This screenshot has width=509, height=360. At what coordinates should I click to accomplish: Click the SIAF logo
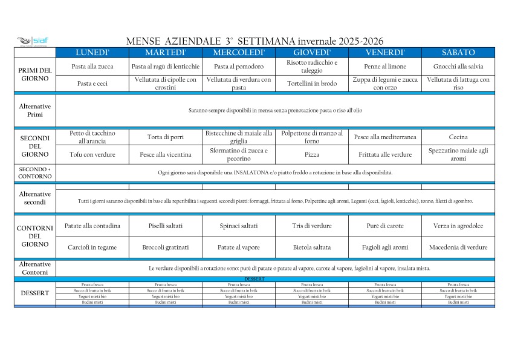[33, 41]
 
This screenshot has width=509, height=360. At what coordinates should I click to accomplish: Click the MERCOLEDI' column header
[239, 53]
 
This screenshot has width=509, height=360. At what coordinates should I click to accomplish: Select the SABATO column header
[458, 53]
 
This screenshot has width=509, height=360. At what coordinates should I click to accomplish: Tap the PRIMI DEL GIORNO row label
[35, 74]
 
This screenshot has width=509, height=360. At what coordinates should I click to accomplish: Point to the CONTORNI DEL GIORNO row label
[35, 236]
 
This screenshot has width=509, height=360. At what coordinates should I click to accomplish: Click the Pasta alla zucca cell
[92, 67]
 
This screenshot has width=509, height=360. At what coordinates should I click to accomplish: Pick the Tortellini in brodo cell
[312, 83]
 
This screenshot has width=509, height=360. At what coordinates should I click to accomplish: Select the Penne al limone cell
[385, 67]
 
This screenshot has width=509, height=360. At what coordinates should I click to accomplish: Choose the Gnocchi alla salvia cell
[458, 67]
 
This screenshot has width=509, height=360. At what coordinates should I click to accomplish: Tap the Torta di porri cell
[166, 137]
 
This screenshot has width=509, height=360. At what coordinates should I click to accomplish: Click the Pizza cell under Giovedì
[312, 154]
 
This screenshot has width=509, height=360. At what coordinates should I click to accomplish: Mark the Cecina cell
[458, 137]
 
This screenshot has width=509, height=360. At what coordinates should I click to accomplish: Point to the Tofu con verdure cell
[92, 154]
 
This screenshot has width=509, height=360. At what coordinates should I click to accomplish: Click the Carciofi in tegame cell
[92, 247]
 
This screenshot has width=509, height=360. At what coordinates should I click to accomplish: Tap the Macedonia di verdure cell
[458, 247]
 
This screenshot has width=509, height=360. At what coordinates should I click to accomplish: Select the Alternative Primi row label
[35, 110]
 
